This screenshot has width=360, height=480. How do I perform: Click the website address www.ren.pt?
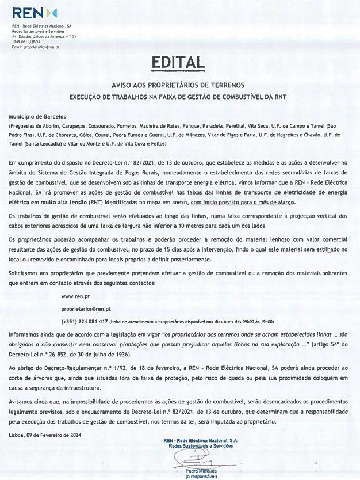[x=75, y=296]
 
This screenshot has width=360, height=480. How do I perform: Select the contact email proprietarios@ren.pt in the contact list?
[x=86, y=309]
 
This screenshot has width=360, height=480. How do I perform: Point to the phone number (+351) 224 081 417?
[x=85, y=322]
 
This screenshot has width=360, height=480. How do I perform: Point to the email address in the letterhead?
[x=36, y=47]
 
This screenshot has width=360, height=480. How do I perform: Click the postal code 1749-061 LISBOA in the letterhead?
[x=28, y=42]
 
